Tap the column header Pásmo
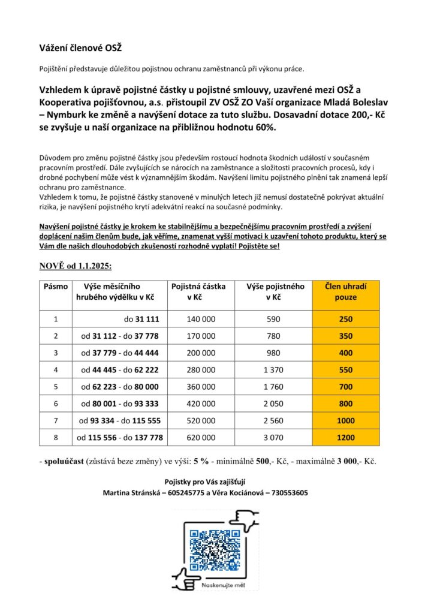pos(56,287)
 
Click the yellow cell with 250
pos(345,319)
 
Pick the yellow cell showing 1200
pos(345,438)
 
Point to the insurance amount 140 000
pos(201,319)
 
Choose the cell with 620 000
pos(201,438)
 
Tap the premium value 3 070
pos(276,438)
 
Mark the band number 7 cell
pos(56,421)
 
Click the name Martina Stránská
pos(132,493)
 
